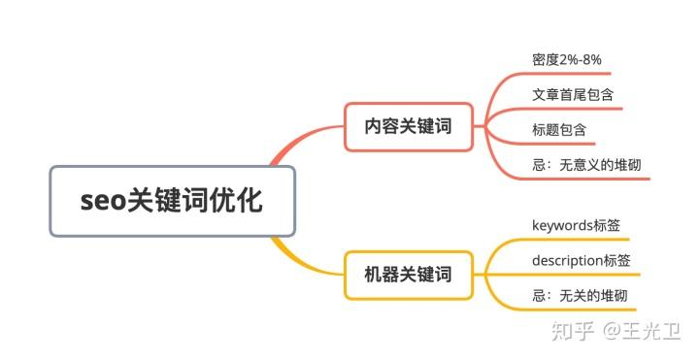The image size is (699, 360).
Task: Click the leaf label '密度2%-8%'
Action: [x=567, y=59]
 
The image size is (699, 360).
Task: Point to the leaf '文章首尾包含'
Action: [x=572, y=95]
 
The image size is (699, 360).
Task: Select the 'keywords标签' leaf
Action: [x=577, y=225]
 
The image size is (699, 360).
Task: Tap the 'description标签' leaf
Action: [x=581, y=260]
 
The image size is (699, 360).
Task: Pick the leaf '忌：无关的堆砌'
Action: [x=580, y=295]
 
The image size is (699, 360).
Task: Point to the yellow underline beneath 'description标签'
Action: [x=581, y=275]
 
